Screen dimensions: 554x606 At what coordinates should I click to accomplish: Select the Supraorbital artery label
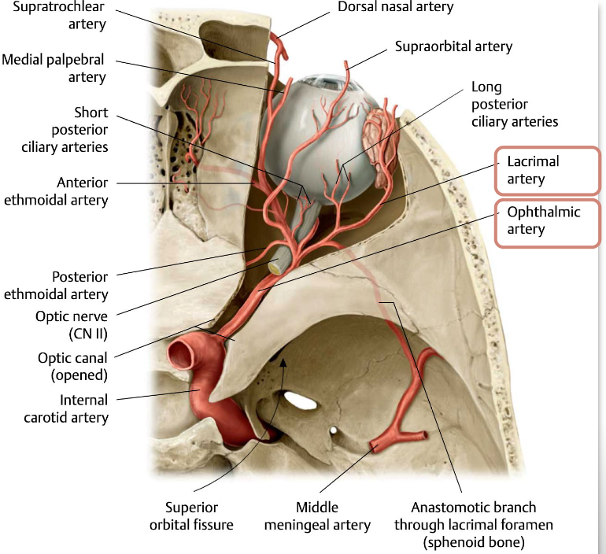click(x=453, y=46)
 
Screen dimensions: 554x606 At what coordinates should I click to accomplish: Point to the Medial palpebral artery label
click(x=54, y=68)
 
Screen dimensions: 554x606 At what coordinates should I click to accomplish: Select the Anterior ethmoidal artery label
click(x=56, y=190)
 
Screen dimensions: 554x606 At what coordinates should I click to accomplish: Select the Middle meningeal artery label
click(x=328, y=517)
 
